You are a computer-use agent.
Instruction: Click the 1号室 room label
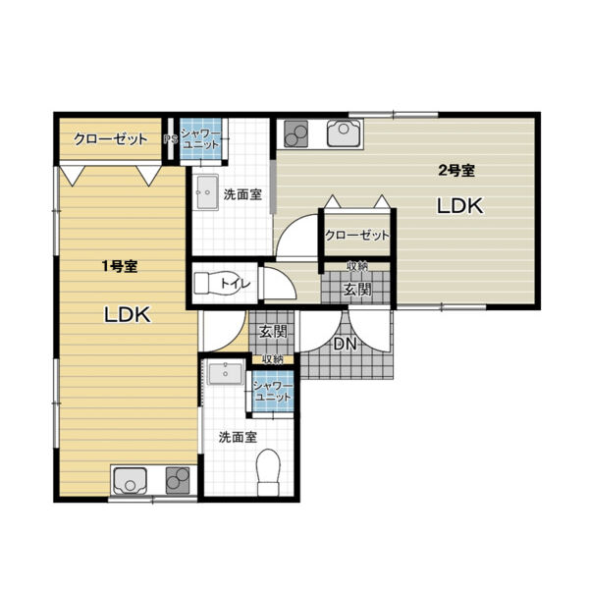click(x=120, y=266)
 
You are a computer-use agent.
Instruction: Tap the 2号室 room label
click(x=456, y=171)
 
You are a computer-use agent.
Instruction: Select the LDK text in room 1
click(x=128, y=315)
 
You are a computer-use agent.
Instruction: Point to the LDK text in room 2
click(x=459, y=206)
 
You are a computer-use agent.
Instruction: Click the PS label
click(x=170, y=139)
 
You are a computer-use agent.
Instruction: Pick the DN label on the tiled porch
click(x=345, y=344)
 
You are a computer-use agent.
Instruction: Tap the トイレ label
click(x=235, y=283)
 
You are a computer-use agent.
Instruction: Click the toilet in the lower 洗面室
click(x=268, y=472)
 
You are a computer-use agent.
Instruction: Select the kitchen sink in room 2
click(x=344, y=133)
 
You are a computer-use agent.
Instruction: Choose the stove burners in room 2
click(x=295, y=134)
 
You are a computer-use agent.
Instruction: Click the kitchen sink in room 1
click(x=130, y=481)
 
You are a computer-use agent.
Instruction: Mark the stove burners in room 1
click(x=178, y=481)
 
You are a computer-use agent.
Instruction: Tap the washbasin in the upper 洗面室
click(x=207, y=191)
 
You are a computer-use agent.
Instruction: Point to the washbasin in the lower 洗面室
click(x=226, y=373)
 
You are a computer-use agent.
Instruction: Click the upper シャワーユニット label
click(x=200, y=139)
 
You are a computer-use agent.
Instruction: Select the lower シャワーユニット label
click(x=272, y=391)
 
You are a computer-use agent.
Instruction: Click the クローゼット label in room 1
click(x=110, y=139)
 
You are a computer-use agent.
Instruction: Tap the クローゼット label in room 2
click(x=357, y=236)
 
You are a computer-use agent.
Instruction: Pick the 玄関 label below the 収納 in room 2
click(x=357, y=289)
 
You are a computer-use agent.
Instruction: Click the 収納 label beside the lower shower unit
click(x=272, y=359)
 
